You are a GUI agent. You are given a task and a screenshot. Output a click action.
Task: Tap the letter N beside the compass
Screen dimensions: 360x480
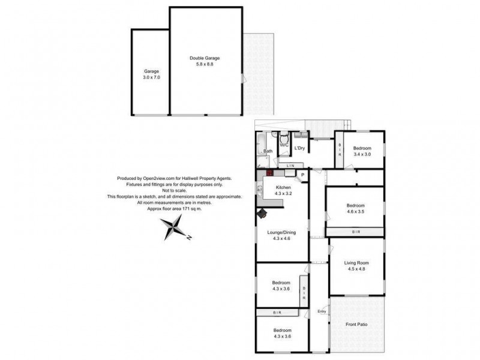click(188, 238)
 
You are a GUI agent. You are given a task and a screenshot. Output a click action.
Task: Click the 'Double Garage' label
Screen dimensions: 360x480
click(205, 58)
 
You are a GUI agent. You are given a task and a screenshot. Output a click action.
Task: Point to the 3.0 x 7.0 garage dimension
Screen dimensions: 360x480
click(151, 77)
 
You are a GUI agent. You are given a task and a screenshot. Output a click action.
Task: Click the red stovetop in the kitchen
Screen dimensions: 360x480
click(270, 173)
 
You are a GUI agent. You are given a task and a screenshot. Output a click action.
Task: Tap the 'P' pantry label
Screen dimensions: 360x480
click(302, 175)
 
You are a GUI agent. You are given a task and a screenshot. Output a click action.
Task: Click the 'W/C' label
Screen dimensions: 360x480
click(284, 145)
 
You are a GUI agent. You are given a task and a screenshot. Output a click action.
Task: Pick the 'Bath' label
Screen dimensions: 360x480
click(268, 151)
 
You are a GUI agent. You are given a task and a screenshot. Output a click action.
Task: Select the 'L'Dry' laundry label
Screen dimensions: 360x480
click(300, 147)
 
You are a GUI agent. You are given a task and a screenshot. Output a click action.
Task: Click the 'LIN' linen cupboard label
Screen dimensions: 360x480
click(290, 165)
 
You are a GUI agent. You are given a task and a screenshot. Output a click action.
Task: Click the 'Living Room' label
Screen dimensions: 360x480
click(356, 263)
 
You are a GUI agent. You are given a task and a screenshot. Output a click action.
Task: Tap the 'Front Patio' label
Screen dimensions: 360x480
click(356, 325)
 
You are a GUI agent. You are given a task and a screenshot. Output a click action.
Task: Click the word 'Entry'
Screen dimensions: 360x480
click(322, 311)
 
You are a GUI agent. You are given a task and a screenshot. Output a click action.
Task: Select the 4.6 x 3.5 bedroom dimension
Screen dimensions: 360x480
click(355, 211)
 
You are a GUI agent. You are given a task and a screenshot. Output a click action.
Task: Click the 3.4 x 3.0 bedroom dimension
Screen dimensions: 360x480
click(362, 154)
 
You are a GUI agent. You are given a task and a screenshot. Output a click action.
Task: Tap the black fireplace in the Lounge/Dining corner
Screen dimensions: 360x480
click(262, 213)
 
